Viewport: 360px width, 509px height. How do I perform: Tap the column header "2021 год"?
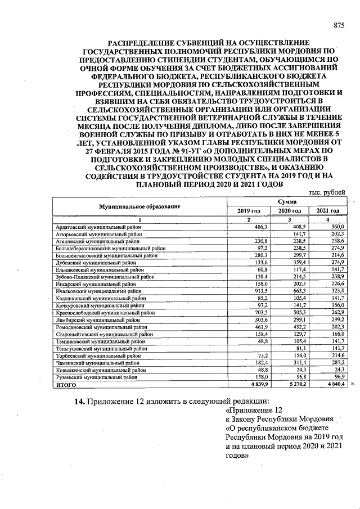pos(327,211)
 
